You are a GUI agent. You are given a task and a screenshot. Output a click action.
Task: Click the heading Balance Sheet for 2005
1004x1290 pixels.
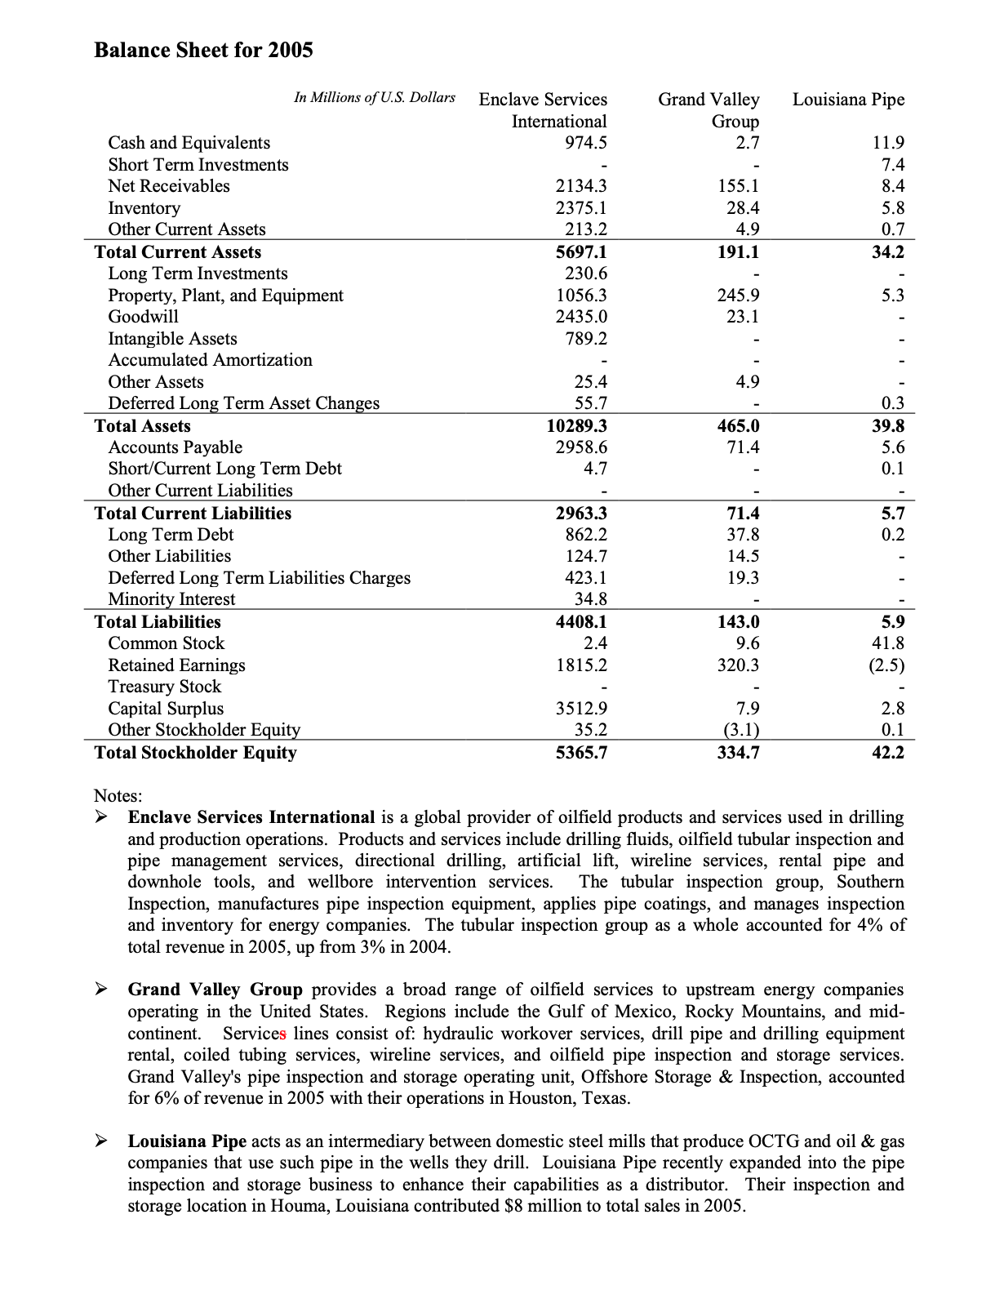coord(203,51)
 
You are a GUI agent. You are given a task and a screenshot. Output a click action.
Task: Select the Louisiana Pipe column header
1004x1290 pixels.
coord(848,100)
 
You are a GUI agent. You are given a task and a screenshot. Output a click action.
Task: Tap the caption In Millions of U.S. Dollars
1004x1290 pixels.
coord(375,98)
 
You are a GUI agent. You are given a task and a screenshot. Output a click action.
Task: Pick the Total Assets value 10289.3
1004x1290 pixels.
coord(577,426)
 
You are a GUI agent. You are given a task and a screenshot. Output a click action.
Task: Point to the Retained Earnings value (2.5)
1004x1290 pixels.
coord(886,665)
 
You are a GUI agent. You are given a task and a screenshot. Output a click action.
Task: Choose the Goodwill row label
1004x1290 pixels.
coord(144,317)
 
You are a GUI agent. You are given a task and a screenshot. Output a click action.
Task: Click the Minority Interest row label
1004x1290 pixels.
coord(171,599)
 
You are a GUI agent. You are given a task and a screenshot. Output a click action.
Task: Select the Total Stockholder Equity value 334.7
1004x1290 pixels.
coord(738,753)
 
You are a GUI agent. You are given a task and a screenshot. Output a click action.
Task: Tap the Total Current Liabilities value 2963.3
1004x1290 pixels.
coord(581,514)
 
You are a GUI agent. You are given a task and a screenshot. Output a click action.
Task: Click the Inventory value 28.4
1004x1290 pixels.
coord(743,208)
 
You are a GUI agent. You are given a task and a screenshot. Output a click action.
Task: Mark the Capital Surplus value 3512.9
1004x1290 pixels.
coord(581,709)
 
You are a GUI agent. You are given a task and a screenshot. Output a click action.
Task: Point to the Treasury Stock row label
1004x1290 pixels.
coord(165,687)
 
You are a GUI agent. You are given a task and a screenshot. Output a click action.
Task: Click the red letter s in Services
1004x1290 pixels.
coord(283,1034)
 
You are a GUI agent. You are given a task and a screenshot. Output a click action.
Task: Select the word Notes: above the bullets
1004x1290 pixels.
coord(118,795)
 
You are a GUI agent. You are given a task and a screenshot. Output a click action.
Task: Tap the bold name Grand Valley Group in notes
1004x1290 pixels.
coord(215,990)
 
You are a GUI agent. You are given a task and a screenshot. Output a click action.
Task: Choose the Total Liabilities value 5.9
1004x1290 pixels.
coord(892,622)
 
